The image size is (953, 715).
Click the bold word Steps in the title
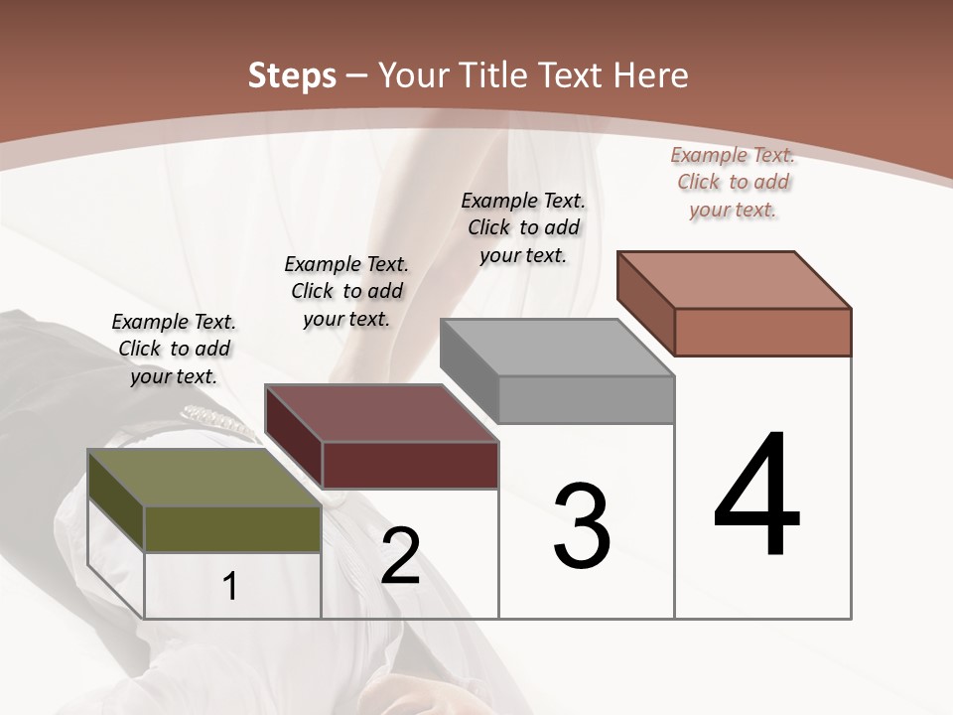[291, 75]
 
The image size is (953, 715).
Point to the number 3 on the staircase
[582, 526]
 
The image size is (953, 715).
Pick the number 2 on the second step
[400, 556]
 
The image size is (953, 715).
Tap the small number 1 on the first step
[230, 586]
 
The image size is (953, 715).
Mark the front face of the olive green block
[232, 528]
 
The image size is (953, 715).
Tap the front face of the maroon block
[410, 465]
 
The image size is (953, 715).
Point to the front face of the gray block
[586, 399]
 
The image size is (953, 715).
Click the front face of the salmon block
[762, 332]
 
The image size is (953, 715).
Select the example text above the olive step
[174, 349]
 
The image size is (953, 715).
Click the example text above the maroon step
[346, 291]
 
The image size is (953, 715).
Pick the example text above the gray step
[523, 227]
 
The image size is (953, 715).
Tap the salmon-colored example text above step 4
[733, 182]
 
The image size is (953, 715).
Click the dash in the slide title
[357, 76]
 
